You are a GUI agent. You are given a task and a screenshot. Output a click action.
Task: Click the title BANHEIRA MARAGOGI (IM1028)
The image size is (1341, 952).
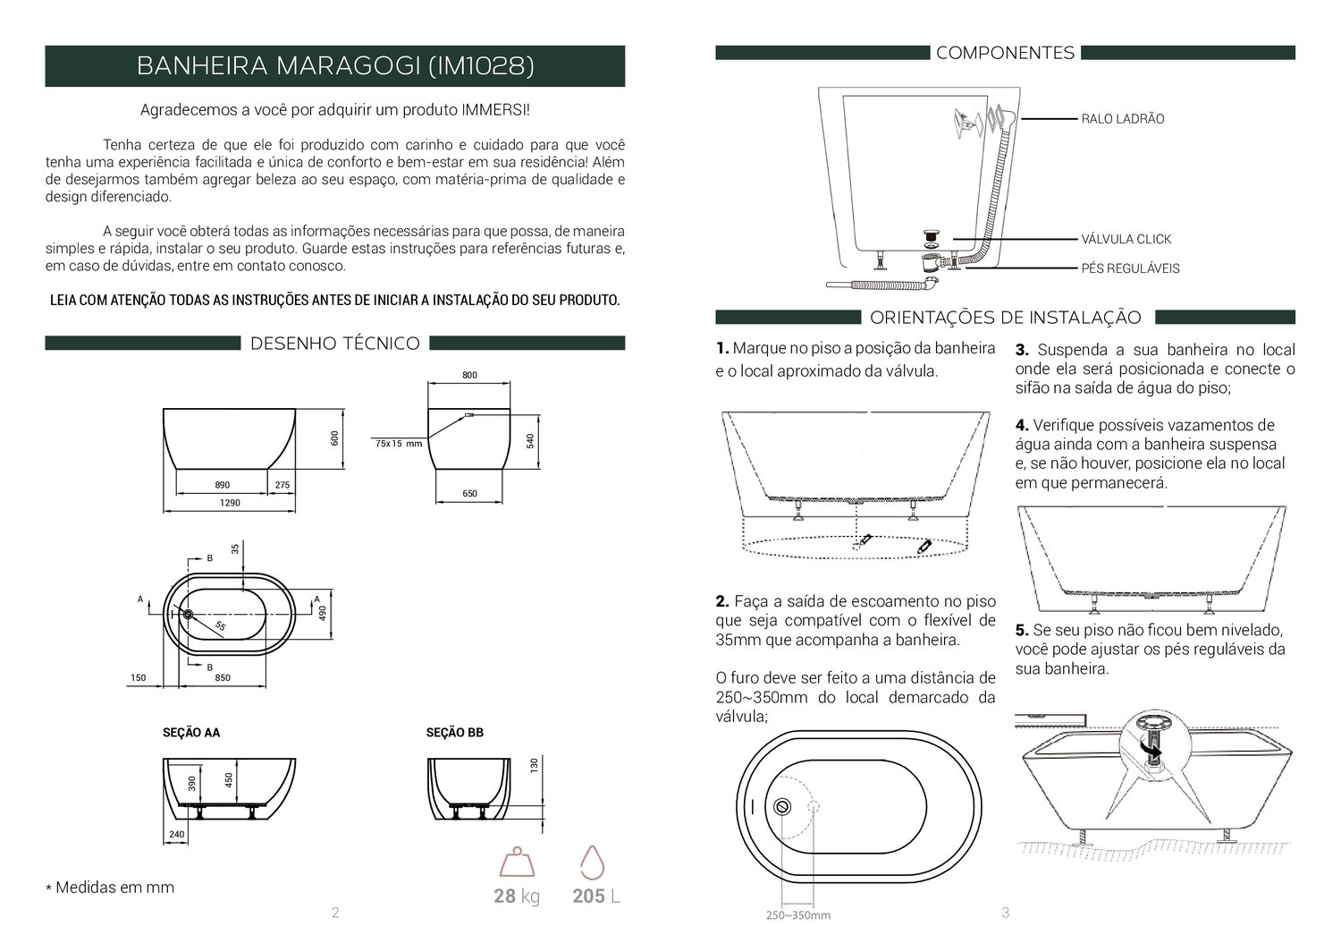(335, 66)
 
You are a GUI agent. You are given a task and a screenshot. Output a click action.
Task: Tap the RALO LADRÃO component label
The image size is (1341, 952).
(1123, 119)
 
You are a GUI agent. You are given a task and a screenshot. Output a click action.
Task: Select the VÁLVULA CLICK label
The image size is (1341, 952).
(1126, 239)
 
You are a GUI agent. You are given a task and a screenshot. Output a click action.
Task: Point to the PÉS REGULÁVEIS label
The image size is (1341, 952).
(1130, 268)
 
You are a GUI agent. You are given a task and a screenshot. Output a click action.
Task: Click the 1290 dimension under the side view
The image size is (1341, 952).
(230, 503)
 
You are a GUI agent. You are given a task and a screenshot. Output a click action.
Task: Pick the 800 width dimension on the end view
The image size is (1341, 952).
(469, 375)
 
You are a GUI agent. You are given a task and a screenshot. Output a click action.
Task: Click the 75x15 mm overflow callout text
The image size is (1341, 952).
(399, 444)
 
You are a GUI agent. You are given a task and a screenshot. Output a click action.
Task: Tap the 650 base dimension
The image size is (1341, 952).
(469, 494)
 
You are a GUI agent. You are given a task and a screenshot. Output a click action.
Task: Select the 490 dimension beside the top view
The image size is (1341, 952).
(323, 613)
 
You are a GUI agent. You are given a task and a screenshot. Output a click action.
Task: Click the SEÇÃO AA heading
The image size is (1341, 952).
(191, 732)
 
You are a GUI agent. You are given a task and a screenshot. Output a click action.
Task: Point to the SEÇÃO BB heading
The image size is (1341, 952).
(455, 732)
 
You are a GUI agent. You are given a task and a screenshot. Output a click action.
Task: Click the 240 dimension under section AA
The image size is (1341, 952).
(177, 834)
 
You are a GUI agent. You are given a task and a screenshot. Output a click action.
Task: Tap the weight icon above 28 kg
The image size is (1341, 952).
(517, 863)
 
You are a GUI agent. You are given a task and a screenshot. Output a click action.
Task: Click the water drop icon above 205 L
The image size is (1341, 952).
(593, 863)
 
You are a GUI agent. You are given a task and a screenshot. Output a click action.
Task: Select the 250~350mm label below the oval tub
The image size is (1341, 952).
(798, 915)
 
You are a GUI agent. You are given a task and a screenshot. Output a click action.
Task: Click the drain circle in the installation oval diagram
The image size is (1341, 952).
(782, 806)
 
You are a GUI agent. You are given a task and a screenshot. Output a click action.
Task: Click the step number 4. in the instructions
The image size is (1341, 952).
(1022, 425)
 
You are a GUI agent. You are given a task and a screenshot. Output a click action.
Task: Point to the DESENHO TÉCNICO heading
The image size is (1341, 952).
(335, 344)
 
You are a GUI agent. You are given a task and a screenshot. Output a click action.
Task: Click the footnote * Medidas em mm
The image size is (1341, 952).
(110, 888)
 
